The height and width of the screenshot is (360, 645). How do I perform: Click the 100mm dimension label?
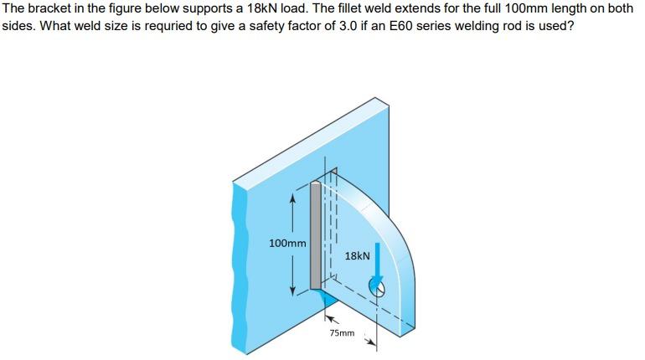click(x=287, y=243)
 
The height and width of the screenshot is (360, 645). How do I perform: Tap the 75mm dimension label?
click(x=341, y=333)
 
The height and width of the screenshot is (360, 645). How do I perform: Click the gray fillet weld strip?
click(x=315, y=234)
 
